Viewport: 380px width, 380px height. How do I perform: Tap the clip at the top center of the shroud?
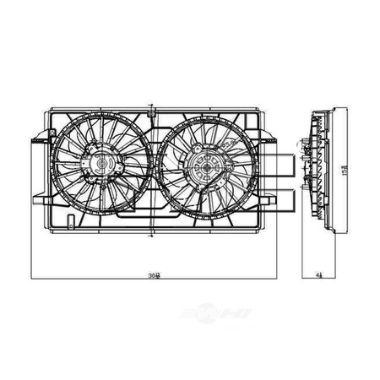[150, 108]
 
